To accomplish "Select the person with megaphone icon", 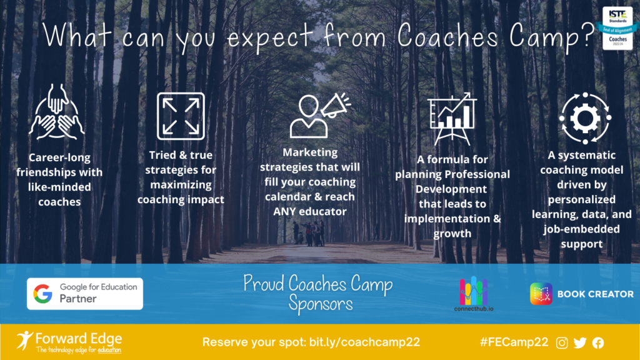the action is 320,116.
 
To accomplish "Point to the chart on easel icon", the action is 452,118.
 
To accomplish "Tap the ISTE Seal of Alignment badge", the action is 617,27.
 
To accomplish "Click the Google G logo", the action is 43,294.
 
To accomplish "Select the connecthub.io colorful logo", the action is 474,294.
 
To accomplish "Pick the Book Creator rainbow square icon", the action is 541,294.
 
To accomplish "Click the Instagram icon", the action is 562,343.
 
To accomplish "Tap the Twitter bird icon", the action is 580,343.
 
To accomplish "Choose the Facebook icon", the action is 598,343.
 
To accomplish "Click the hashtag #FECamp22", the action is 514,342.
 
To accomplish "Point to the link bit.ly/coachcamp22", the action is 364,342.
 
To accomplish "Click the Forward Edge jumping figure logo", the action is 24,341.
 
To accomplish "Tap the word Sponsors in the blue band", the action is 321,304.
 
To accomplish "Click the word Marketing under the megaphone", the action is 310,152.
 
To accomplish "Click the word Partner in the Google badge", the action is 78,299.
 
